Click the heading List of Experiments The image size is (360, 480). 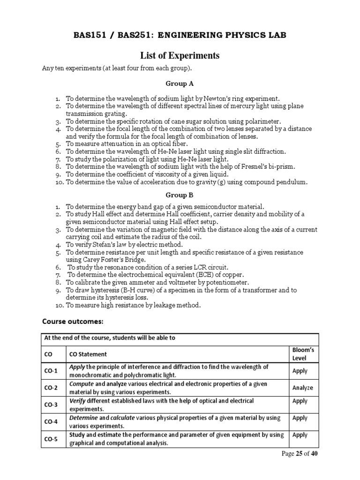pyautogui.click(x=180, y=56)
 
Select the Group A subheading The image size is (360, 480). pyautogui.click(x=180, y=84)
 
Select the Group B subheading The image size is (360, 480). pyautogui.click(x=180, y=195)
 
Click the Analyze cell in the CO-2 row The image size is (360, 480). pyautogui.click(x=302, y=388)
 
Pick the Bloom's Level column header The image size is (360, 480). pyautogui.click(x=302, y=353)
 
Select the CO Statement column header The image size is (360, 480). pyautogui.click(x=88, y=354)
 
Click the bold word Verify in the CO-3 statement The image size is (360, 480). pyautogui.click(x=79, y=401)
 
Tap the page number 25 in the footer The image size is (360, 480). pyautogui.click(x=299, y=454)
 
